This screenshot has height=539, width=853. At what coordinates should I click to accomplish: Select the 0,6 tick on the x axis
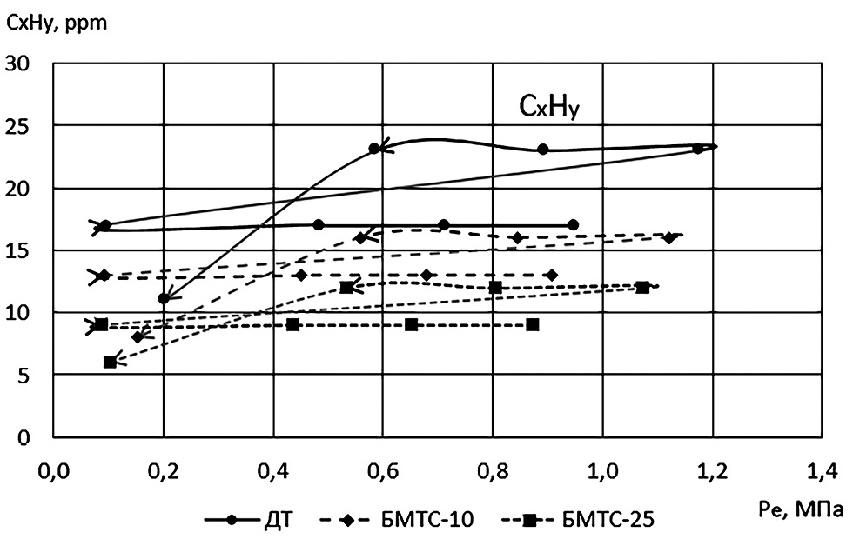(383, 472)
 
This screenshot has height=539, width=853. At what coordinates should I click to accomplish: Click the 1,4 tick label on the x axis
(822, 472)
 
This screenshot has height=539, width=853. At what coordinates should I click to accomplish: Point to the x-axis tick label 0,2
(164, 472)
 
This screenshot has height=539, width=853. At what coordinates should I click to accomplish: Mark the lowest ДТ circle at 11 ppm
(164, 299)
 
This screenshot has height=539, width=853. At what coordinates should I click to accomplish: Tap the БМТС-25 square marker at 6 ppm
(110, 362)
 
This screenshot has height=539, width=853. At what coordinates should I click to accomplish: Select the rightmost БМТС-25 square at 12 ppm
(642, 287)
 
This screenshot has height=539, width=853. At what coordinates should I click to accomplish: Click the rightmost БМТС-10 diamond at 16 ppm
(668, 237)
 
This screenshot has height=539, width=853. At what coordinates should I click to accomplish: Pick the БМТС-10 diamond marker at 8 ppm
(137, 336)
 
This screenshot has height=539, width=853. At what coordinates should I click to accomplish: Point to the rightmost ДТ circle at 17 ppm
(573, 225)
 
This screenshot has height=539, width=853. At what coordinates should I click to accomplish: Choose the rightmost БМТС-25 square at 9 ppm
(532, 324)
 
